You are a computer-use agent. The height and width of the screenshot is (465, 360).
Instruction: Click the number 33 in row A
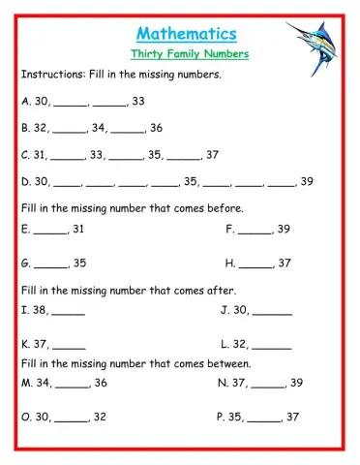coord(138,100)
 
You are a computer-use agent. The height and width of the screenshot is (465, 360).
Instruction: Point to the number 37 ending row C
coord(213,154)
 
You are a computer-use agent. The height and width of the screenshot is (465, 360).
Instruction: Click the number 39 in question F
coord(284,230)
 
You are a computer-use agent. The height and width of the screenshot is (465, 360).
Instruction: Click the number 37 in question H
coord(285,263)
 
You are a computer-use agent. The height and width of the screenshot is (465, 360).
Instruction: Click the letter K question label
coord(24,343)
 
